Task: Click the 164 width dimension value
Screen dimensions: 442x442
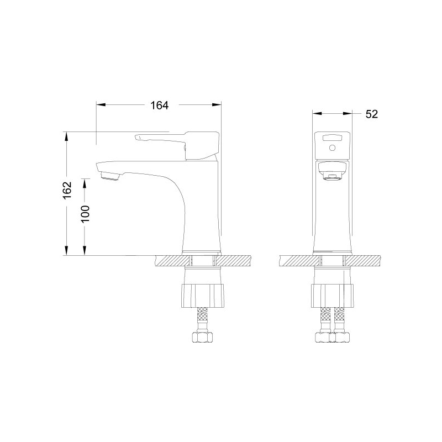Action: [159, 106]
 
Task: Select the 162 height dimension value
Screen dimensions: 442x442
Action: [67, 190]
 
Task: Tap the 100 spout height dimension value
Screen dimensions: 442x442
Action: [85, 214]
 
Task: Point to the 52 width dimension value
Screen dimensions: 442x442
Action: [371, 114]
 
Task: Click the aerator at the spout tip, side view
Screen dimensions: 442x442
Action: [110, 177]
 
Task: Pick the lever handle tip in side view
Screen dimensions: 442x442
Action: [137, 137]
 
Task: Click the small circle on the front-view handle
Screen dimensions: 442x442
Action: [333, 148]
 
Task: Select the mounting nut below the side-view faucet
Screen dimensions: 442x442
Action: [203, 296]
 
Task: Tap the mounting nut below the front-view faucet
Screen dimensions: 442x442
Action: [333, 296]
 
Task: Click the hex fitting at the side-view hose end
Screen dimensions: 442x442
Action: [202, 337]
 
